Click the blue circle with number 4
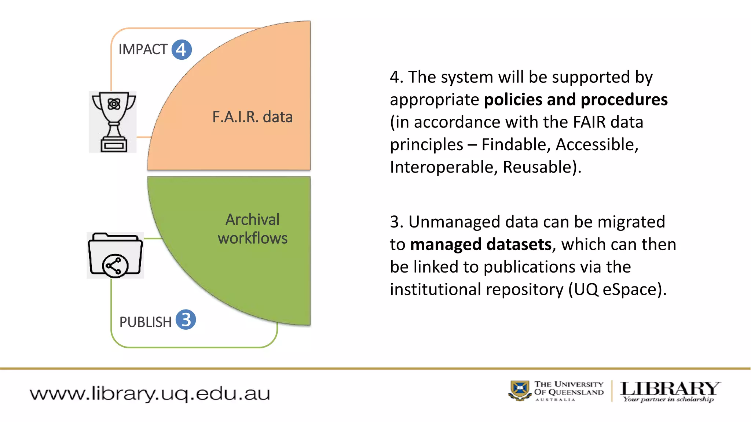[182, 50]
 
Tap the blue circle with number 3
[186, 320]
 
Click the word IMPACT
[143, 49]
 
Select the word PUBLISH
[145, 322]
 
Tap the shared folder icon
[115, 255]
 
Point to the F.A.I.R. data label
[252, 117]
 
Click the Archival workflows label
[253, 229]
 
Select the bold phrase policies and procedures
[576, 100]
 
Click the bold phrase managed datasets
[481, 244]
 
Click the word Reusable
[537, 167]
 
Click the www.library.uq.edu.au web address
[150, 394]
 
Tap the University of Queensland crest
[520, 390]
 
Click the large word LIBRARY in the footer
[670, 388]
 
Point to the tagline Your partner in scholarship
[668, 399]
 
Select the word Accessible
[597, 145]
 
